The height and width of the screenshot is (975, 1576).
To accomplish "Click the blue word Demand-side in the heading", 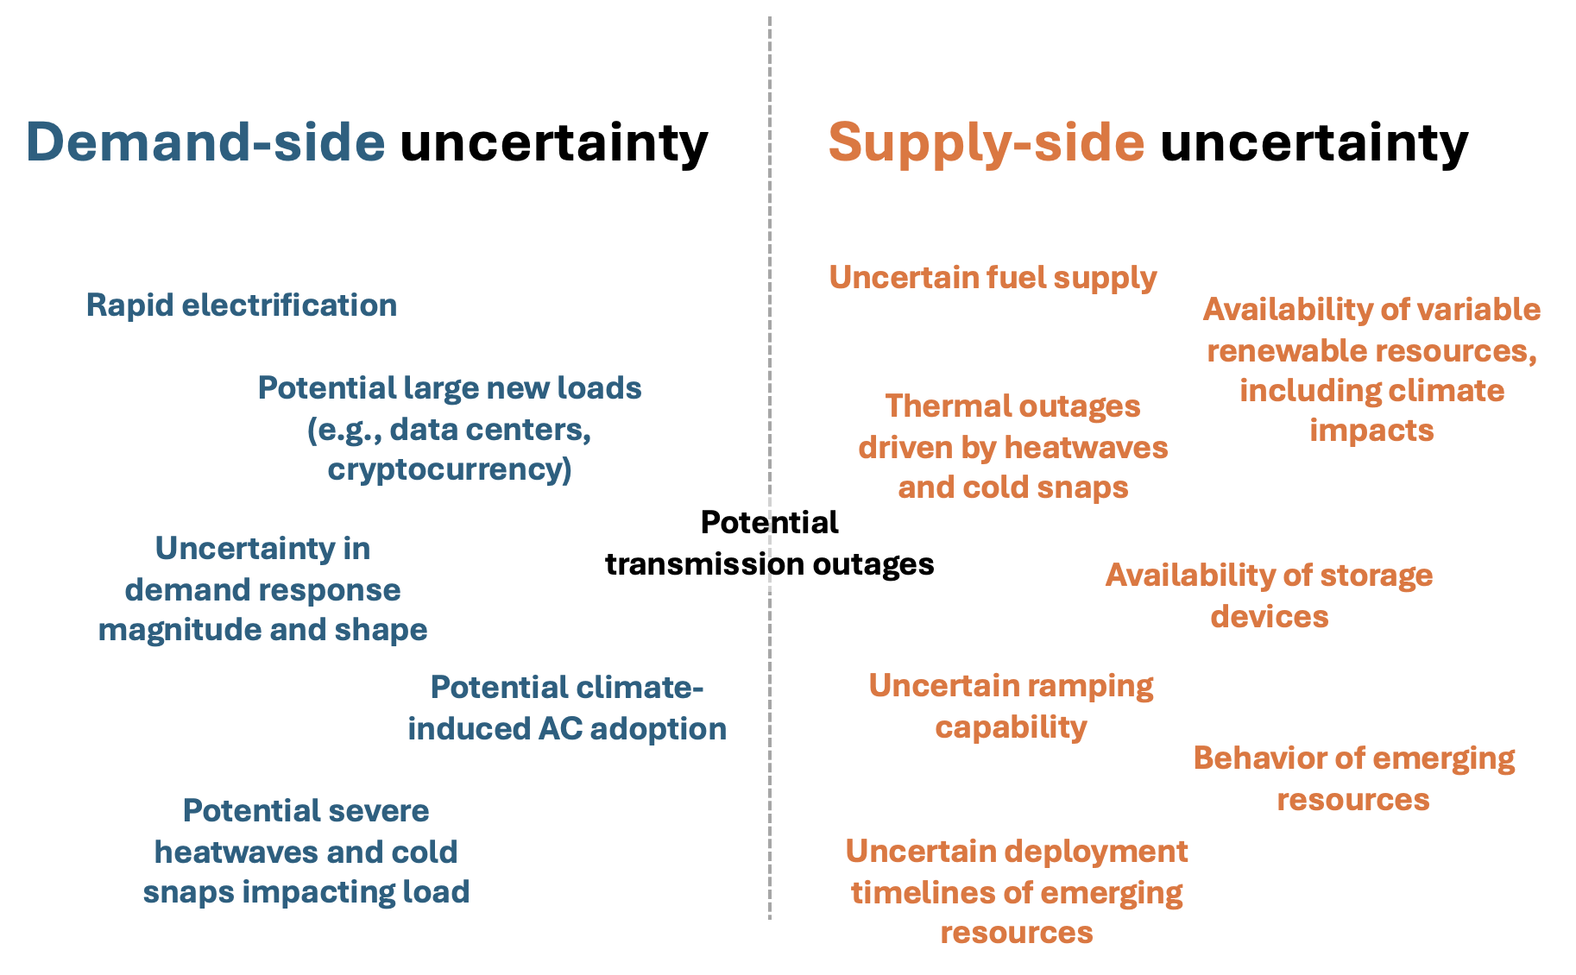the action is coord(205,142).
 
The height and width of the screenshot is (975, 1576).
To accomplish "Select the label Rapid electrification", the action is coord(242,305).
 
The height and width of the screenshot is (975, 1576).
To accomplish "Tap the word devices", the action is coord(1270,616).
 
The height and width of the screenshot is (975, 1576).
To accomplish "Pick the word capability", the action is coord(1012,727).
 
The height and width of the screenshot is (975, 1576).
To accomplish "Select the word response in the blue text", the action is coord(337,591).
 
